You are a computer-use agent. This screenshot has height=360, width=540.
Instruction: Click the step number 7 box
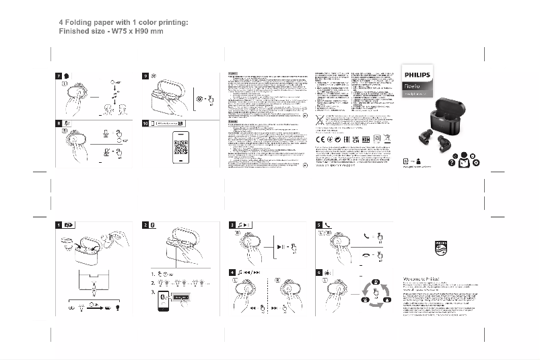point(59,76)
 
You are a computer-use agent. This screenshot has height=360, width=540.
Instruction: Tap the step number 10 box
point(146,124)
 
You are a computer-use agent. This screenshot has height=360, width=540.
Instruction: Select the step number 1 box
point(59,224)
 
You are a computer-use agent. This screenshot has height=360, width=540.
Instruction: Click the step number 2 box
point(146,224)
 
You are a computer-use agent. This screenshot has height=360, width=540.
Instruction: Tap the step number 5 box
point(319,224)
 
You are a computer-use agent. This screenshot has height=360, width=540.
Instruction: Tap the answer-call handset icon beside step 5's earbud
point(366,236)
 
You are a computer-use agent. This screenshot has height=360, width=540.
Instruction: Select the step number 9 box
point(146,76)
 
